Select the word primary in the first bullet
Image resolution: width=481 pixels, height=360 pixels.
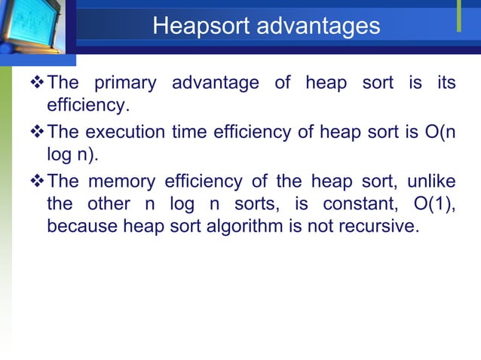tap(124, 82)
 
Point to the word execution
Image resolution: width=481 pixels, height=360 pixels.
tap(120, 132)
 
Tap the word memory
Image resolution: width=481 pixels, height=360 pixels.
tap(122, 182)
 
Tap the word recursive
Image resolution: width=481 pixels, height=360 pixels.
tap(380, 227)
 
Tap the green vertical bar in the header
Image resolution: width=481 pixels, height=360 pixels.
tap(458, 17)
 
